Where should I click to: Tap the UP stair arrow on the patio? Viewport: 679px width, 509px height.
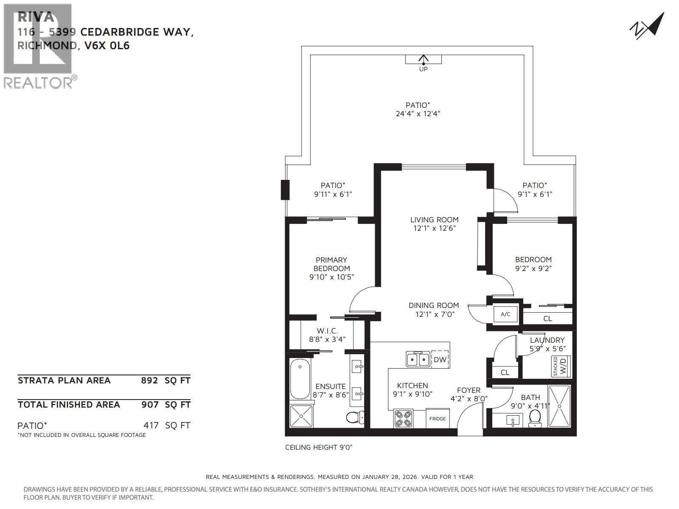click(423, 60)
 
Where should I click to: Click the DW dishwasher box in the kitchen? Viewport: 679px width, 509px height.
click(440, 360)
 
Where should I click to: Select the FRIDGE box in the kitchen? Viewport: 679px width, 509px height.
click(437, 419)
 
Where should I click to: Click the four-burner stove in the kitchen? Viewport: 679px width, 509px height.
click(403, 418)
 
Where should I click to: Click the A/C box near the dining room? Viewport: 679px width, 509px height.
click(505, 314)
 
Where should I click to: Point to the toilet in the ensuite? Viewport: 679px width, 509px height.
click(354, 418)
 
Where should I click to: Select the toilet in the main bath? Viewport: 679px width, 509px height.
click(535, 418)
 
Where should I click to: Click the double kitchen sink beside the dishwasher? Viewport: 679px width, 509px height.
click(418, 360)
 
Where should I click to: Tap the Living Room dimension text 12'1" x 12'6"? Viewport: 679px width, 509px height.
click(434, 229)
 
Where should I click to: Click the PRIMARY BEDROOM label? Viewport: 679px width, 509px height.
click(331, 264)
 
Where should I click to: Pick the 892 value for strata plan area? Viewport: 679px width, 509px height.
click(149, 380)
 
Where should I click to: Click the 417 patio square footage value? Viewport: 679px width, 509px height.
click(151, 425)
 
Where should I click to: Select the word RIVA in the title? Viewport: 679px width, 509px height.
click(36, 17)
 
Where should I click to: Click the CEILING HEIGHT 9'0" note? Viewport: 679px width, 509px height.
click(319, 447)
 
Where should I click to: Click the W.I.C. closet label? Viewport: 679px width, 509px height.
click(327, 330)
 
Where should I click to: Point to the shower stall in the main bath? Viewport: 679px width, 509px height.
click(559, 406)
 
